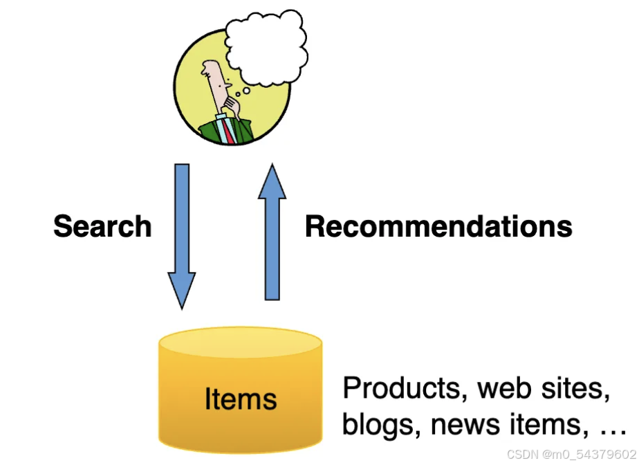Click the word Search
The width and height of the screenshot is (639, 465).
pyautogui.click(x=102, y=227)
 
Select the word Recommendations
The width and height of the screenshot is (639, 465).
pyautogui.click(x=438, y=227)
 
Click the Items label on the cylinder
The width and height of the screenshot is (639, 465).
pyautogui.click(x=240, y=399)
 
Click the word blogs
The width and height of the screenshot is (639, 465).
pyautogui.click(x=378, y=423)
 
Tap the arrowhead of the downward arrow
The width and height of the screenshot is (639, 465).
pyautogui.click(x=182, y=291)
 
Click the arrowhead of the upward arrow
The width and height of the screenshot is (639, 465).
pyautogui.click(x=272, y=181)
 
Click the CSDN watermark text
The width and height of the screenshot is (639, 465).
pyautogui.click(x=571, y=454)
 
